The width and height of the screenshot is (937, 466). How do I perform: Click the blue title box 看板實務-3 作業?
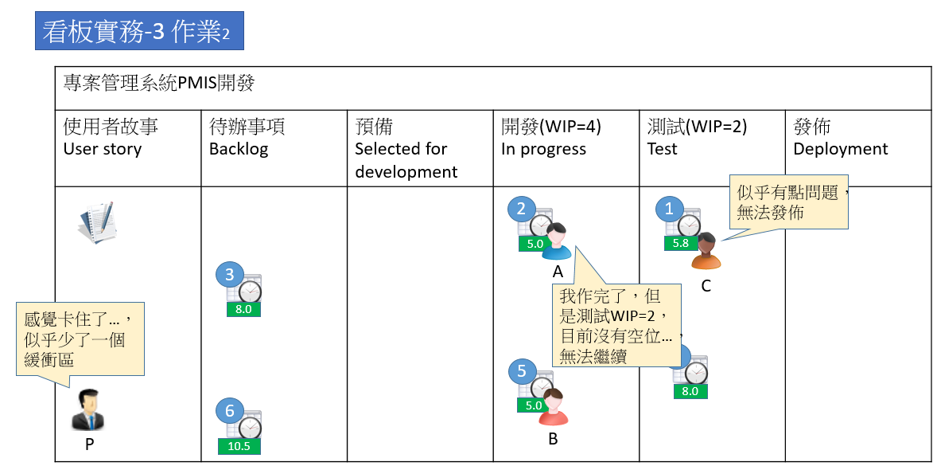coord(138,31)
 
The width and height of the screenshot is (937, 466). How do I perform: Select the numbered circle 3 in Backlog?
coord(229,276)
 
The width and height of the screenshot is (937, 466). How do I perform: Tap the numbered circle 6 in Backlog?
coord(229,411)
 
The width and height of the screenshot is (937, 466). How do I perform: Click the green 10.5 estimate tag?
coord(239,446)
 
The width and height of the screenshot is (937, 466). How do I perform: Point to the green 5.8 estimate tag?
coord(681,243)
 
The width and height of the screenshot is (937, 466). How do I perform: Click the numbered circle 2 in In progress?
coord(521,209)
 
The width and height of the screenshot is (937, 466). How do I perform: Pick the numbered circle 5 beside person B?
coord(522,370)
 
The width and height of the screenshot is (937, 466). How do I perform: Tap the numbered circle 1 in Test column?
coord(668,209)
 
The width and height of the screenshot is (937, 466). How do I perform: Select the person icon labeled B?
coord(553,407)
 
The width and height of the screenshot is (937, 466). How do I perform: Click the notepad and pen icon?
coord(98,222)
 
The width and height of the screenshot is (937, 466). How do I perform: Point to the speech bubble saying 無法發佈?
coord(788,203)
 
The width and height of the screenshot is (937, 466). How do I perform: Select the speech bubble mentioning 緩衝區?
coord(80,339)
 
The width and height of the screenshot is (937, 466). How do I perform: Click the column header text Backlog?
coord(239,149)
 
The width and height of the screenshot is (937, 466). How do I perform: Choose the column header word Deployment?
coord(840,149)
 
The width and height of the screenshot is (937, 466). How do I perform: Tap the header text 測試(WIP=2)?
coord(697,127)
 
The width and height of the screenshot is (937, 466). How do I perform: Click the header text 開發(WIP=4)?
coord(550,127)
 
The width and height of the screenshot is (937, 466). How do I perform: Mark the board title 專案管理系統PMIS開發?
coord(159,82)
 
